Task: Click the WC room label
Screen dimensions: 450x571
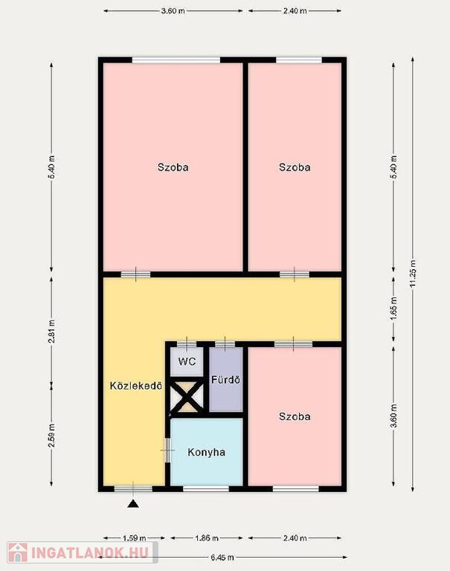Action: click(x=187, y=361)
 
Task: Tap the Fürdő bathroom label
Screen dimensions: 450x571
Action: click(x=226, y=380)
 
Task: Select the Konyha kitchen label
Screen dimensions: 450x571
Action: click(x=206, y=452)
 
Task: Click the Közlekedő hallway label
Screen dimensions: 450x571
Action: click(x=136, y=386)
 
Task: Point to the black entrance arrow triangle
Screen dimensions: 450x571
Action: click(x=134, y=504)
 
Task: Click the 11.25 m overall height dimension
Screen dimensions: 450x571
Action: click(x=413, y=274)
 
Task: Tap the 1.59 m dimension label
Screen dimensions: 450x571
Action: click(x=134, y=538)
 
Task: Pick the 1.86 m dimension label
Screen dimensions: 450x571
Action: click(x=207, y=538)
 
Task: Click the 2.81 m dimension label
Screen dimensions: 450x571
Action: click(x=51, y=332)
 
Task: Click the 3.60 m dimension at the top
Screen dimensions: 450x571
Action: click(x=173, y=11)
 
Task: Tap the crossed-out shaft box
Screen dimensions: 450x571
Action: click(x=187, y=396)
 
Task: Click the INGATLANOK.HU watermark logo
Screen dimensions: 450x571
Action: click(x=82, y=553)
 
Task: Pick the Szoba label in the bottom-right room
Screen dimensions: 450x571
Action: click(x=295, y=416)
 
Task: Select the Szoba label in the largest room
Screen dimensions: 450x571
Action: click(x=173, y=167)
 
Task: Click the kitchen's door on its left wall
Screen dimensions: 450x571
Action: click(x=167, y=450)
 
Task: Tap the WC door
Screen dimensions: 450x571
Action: click(x=187, y=343)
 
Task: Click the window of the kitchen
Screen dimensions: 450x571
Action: click(x=206, y=488)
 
